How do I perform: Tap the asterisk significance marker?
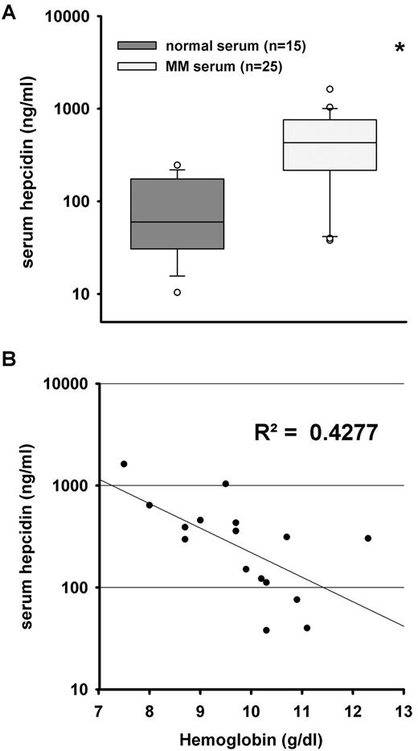point(400,49)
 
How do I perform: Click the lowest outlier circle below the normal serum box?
point(178,292)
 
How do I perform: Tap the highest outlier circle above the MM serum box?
point(330,89)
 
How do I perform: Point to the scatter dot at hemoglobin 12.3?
point(368,538)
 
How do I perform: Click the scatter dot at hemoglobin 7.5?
point(124,464)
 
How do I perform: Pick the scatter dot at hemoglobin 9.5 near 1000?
point(226,484)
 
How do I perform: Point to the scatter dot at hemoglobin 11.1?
point(307,628)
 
